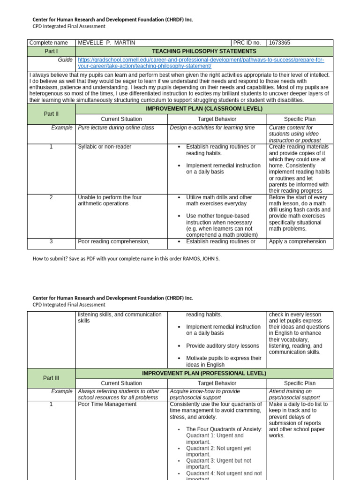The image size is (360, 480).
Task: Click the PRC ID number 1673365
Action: pyautogui.click(x=279, y=43)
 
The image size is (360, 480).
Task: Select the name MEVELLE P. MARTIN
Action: pyautogui.click(x=106, y=43)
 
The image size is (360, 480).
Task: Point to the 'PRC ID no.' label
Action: pyautogui.click(x=248, y=43)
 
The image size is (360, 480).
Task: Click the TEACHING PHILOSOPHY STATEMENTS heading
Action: pyautogui.click(x=204, y=51)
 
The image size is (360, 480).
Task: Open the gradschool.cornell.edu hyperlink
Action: pyautogui.click(x=201, y=63)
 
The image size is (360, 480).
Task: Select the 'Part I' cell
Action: pyautogui.click(x=51, y=51)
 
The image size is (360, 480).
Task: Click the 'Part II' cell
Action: pyautogui.click(x=51, y=114)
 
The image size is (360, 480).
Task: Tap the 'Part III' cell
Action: pyautogui.click(x=51, y=378)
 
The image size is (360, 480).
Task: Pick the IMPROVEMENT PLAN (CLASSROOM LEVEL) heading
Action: pyautogui.click(x=204, y=109)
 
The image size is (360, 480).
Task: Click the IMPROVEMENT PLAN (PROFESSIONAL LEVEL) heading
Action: pyautogui.click(x=204, y=373)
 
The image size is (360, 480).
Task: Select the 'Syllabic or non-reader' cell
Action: pyautogui.click(x=105, y=147)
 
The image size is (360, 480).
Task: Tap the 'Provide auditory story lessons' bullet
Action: pyautogui.click(x=222, y=345)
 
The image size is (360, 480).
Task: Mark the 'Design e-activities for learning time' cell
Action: pyautogui.click(x=212, y=127)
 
